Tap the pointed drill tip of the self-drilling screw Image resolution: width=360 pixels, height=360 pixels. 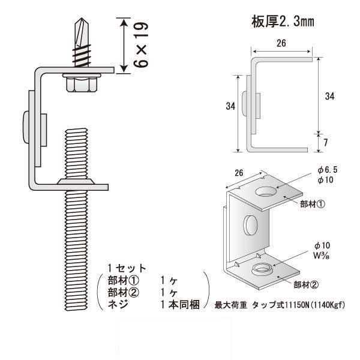[x=78, y=23]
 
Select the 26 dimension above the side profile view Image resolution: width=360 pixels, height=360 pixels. [x=281, y=44]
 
